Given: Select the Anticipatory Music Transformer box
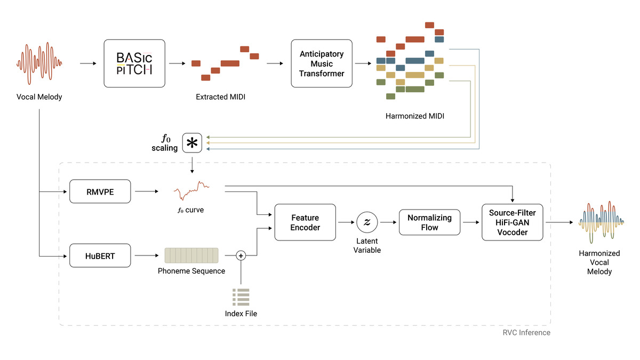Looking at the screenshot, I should (321, 63).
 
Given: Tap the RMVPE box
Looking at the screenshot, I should (100, 191).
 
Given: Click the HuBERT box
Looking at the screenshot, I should (100, 257).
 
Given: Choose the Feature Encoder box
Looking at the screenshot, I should (305, 222).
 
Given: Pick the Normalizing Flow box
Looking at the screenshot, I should (429, 222).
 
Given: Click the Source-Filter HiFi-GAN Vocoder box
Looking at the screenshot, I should (512, 222).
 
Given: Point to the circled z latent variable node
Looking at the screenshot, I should (367, 222).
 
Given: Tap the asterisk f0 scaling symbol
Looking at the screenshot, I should (192, 143).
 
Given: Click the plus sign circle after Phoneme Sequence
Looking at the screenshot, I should (241, 256).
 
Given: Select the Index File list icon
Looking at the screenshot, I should (241, 296).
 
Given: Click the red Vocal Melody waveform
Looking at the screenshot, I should (39, 63).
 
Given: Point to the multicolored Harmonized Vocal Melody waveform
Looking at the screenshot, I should (599, 222).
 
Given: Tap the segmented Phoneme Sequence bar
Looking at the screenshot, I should (191, 255).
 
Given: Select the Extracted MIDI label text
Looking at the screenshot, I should (220, 97).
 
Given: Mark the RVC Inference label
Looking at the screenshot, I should (526, 332).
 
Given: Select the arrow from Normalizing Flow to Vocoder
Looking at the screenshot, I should (471, 222).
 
